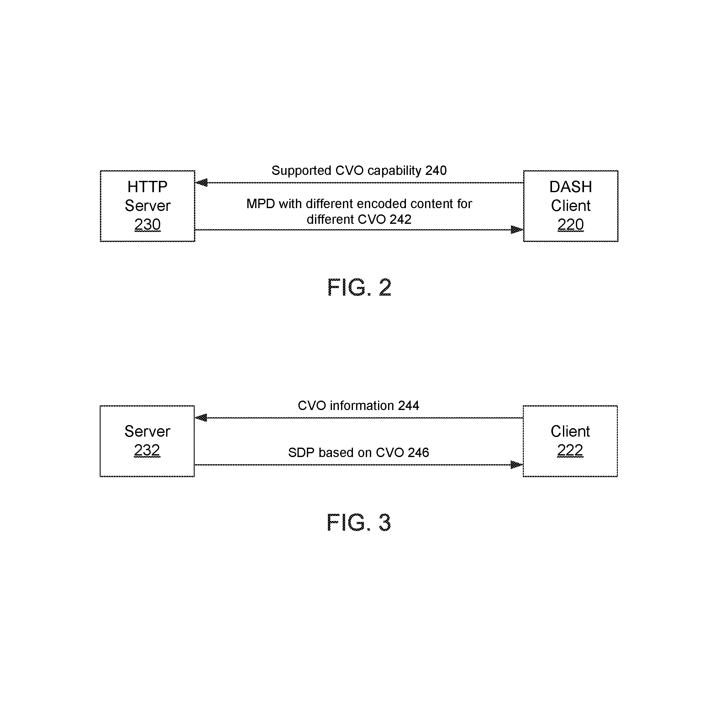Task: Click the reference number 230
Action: [147, 224]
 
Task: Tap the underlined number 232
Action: [147, 450]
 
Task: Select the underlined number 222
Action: [570, 450]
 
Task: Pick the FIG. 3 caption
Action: [359, 523]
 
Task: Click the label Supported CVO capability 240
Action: [359, 171]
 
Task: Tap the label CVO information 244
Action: [358, 406]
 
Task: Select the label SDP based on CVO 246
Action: [358, 452]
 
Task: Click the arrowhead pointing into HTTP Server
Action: [201, 182]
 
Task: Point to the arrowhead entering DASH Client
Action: [517, 229]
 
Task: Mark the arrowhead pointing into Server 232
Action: [201, 418]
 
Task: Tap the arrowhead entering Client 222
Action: [516, 465]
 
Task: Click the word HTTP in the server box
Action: [147, 187]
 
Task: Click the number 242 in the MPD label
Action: [400, 219]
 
